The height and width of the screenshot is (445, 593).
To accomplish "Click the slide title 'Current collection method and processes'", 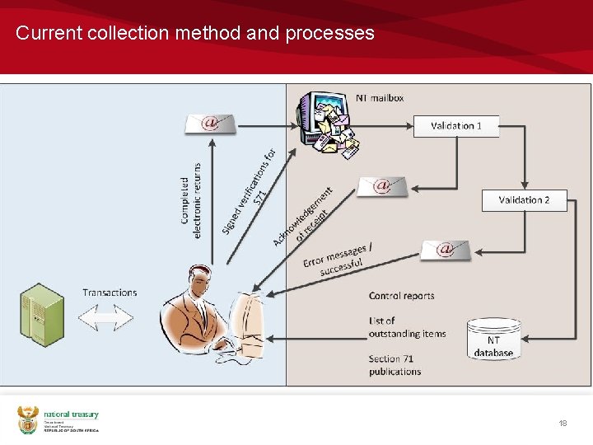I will pyautogui.click(x=195, y=34).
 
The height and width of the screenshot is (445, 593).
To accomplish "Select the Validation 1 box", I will pyautogui.click(x=455, y=126).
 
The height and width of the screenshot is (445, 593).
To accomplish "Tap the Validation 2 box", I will pyautogui.click(x=524, y=200).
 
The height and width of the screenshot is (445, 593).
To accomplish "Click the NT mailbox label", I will pyautogui.click(x=380, y=98).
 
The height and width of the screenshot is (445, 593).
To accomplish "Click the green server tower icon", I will pyautogui.click(x=42, y=315).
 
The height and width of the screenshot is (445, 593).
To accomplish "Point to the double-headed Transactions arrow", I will pyautogui.click(x=105, y=318).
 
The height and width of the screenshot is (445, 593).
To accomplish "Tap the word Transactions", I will pyautogui.click(x=110, y=293).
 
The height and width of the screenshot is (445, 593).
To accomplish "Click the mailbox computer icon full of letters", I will pyautogui.click(x=328, y=124).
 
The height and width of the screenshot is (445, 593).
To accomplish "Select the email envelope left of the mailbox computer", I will pyautogui.click(x=210, y=124).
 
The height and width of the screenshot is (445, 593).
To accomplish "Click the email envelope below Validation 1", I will pyautogui.click(x=381, y=186).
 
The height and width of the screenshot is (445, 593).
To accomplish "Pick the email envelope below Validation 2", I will pyautogui.click(x=446, y=249).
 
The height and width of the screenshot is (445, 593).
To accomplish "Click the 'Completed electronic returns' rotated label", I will pyautogui.click(x=191, y=197).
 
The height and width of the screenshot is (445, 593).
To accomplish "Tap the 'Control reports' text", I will pyautogui.click(x=401, y=296).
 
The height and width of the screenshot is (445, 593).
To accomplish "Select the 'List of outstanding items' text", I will pyautogui.click(x=407, y=327).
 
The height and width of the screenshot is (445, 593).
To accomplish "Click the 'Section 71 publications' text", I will pyautogui.click(x=395, y=365).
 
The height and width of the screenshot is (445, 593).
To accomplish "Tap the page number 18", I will pyautogui.click(x=563, y=423).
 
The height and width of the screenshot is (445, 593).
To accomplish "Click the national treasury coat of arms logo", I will pyautogui.click(x=28, y=420).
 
